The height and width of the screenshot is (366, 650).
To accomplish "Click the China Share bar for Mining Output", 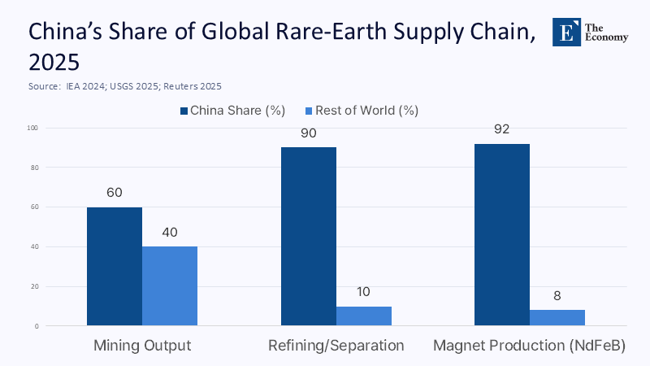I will tap(115, 267).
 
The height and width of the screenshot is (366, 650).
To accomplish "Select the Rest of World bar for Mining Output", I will tap(170, 286).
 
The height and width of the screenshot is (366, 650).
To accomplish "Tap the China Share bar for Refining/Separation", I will tap(308, 237).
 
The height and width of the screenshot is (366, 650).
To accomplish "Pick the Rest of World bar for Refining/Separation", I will tap(363, 316).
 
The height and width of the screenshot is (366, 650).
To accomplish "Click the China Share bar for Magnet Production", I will tap(501, 235).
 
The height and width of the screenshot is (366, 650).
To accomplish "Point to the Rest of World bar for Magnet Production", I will tap(557, 318).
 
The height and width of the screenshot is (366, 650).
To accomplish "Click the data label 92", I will tap(501, 130).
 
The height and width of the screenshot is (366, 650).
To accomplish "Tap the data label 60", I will tap(115, 194).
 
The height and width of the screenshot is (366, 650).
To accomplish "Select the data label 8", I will tap(557, 296).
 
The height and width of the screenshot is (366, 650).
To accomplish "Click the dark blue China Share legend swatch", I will tap(185, 110).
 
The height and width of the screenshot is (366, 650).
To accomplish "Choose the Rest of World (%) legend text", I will tap(370, 110).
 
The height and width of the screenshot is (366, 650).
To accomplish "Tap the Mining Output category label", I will tap(142, 346).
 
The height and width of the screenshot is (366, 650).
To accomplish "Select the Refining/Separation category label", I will tap(336, 346).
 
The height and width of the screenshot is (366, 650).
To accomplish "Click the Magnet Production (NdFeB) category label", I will tap(529, 346).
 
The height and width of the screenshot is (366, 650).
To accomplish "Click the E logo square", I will tap(565, 30).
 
